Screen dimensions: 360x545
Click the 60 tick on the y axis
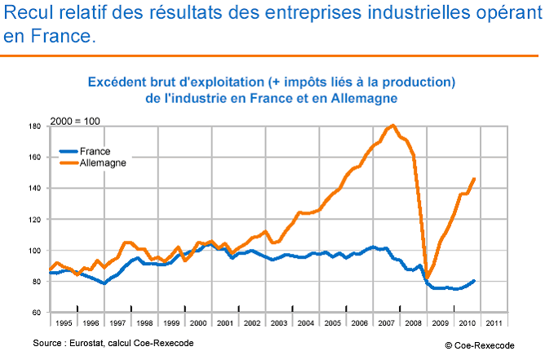37,313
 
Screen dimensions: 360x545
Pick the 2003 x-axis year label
278,322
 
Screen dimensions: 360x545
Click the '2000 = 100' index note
75,121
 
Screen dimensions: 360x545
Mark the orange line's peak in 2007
393,125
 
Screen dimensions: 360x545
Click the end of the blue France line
475,281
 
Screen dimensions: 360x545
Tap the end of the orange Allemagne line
475,179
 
